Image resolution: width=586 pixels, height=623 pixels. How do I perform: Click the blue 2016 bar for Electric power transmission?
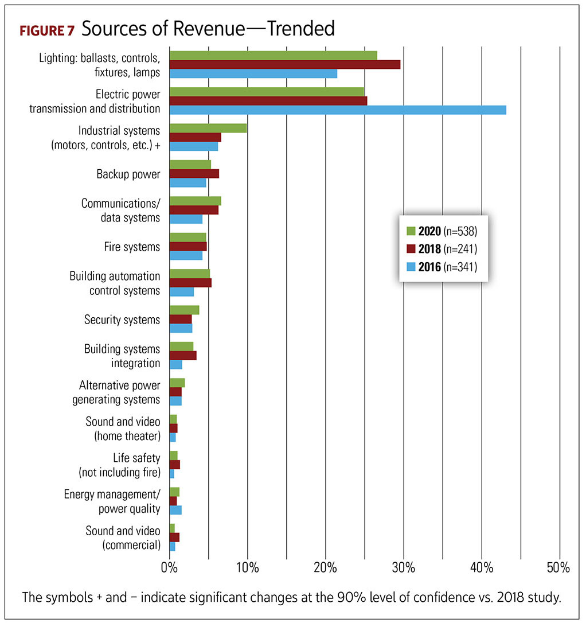tap(338, 110)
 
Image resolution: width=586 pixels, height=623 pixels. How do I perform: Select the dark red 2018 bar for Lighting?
tap(285, 64)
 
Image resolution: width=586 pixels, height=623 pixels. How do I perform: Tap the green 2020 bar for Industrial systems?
tap(208, 128)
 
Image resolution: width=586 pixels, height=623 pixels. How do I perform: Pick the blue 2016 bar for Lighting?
tap(253, 73)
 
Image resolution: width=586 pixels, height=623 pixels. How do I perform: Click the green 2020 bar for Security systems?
tap(184, 310)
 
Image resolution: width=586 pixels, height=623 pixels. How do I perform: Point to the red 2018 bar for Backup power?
tap(194, 174)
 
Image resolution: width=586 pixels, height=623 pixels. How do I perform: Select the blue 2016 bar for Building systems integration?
tap(176, 364)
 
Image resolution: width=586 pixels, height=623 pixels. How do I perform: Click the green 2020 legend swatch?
tap(411, 231)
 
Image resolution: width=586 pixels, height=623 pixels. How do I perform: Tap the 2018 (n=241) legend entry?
tap(442, 249)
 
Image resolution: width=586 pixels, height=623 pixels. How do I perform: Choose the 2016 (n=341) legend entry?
tap(442, 266)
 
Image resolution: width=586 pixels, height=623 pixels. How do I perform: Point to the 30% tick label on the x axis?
tap(403, 567)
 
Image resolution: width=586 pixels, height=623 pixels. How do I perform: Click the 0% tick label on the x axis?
tap(169, 567)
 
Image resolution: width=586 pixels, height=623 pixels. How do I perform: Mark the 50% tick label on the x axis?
tap(558, 567)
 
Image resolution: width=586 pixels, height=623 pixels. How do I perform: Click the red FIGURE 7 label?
tap(47, 30)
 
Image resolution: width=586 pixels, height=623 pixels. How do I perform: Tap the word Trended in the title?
tap(301, 29)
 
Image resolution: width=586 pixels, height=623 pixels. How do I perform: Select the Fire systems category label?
tap(132, 247)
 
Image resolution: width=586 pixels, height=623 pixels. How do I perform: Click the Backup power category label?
tap(128, 174)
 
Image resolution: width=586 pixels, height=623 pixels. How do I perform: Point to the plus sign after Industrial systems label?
tap(158, 146)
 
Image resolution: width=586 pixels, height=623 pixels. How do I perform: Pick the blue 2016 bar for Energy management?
tap(175, 510)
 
